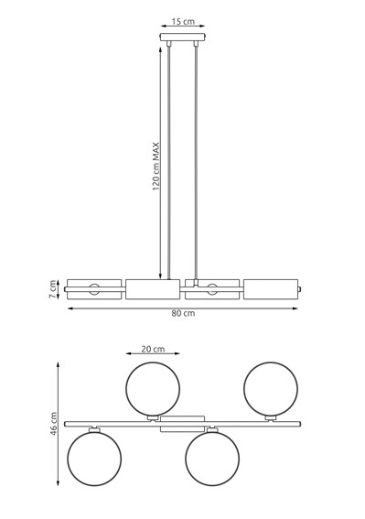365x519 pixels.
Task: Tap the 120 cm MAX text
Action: (x=156, y=165)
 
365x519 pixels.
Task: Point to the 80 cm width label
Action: (x=183, y=314)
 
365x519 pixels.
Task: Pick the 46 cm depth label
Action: (x=55, y=423)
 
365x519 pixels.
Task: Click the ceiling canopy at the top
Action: (x=183, y=38)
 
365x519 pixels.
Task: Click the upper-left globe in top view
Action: (x=153, y=388)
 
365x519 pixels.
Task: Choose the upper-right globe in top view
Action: (x=271, y=388)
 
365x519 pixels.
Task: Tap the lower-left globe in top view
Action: (x=94, y=459)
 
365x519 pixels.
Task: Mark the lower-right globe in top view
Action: (x=212, y=459)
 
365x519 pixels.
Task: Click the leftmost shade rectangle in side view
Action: (x=94, y=289)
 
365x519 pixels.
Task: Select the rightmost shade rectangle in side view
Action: (x=271, y=289)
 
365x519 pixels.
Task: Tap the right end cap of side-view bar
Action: (x=300, y=290)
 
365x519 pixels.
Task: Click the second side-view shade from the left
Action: (x=153, y=289)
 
